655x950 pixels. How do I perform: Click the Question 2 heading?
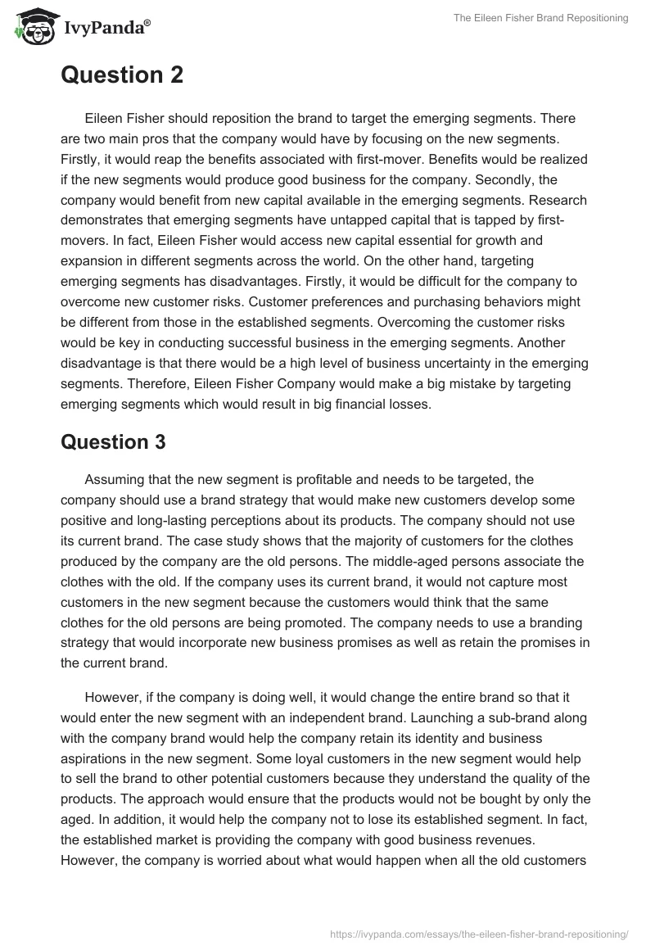[x=122, y=75]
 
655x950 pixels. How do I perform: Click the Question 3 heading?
[x=113, y=442]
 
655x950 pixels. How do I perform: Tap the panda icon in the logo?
[x=31, y=28]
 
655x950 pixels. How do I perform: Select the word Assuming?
[x=113, y=480]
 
